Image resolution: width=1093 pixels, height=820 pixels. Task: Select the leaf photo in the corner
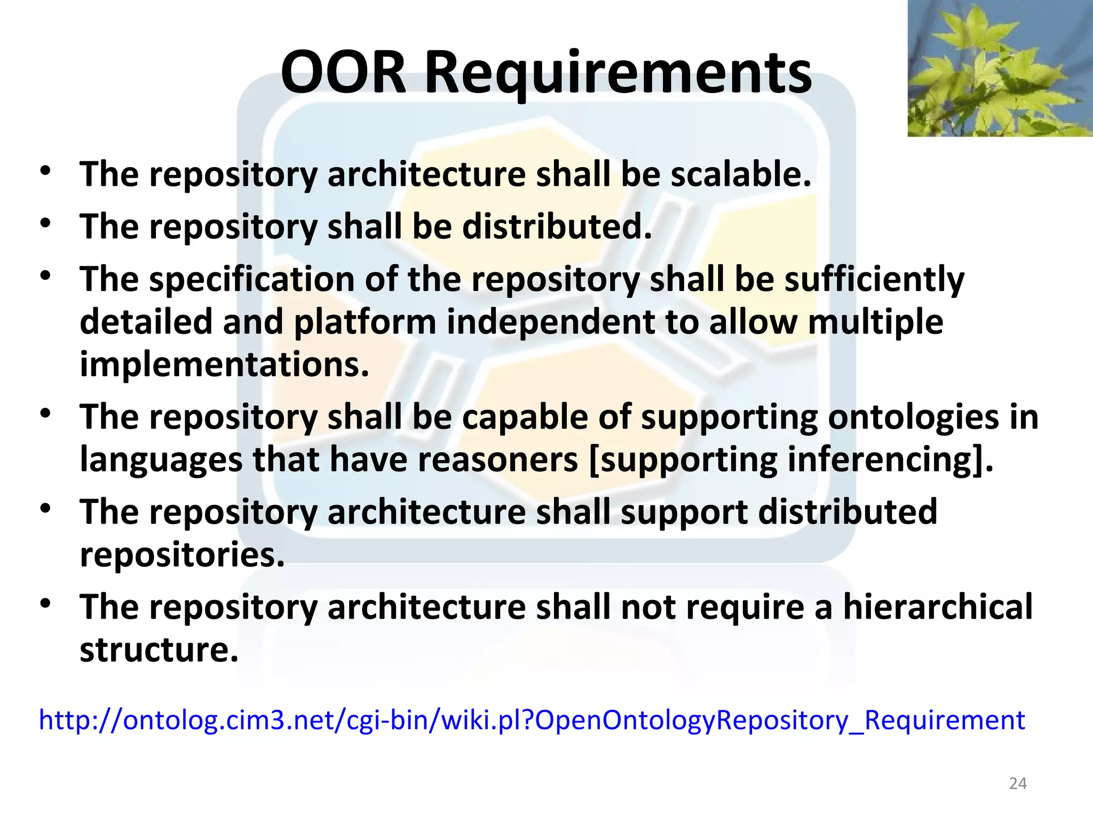coord(1000,68)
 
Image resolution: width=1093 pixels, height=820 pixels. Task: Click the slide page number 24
coord(1018,783)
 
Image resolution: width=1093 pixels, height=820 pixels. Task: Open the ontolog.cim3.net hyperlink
coord(532,720)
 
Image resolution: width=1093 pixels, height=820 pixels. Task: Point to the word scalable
coord(740,174)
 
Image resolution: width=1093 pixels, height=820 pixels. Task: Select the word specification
coord(251,279)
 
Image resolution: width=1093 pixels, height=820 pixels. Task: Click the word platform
coord(365,322)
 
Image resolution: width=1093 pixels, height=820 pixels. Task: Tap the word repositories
coord(182,555)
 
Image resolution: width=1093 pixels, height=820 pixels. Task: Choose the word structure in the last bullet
coord(159,650)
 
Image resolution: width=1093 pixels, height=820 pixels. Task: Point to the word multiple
coord(875,322)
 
